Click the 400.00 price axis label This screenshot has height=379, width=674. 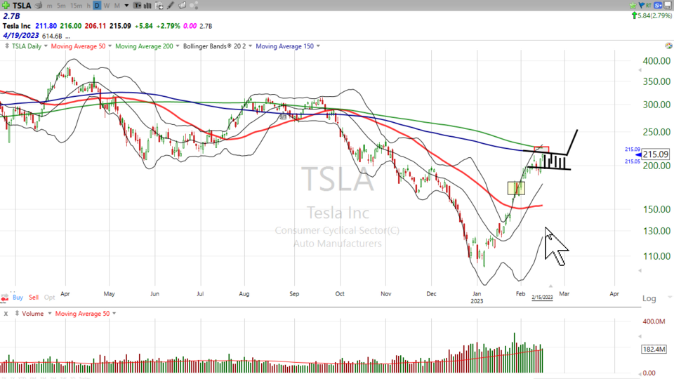tap(655, 61)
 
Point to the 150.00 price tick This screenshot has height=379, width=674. tap(655, 209)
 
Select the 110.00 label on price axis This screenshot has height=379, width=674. tap(655, 256)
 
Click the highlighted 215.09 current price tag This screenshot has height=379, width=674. tap(655, 154)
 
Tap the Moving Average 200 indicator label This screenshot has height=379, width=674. tap(145, 46)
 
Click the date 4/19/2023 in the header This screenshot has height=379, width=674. tap(20, 35)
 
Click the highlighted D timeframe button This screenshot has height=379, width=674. tap(98, 6)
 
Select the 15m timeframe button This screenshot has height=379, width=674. tap(76, 6)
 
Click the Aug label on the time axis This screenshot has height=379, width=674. tap(244, 295)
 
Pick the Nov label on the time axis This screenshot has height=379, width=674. tap(385, 295)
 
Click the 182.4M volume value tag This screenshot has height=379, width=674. tap(655, 349)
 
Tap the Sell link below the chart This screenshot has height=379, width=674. tap(34, 298)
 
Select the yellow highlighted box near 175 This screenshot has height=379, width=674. tap(516, 188)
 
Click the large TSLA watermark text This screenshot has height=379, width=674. tap(337, 179)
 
